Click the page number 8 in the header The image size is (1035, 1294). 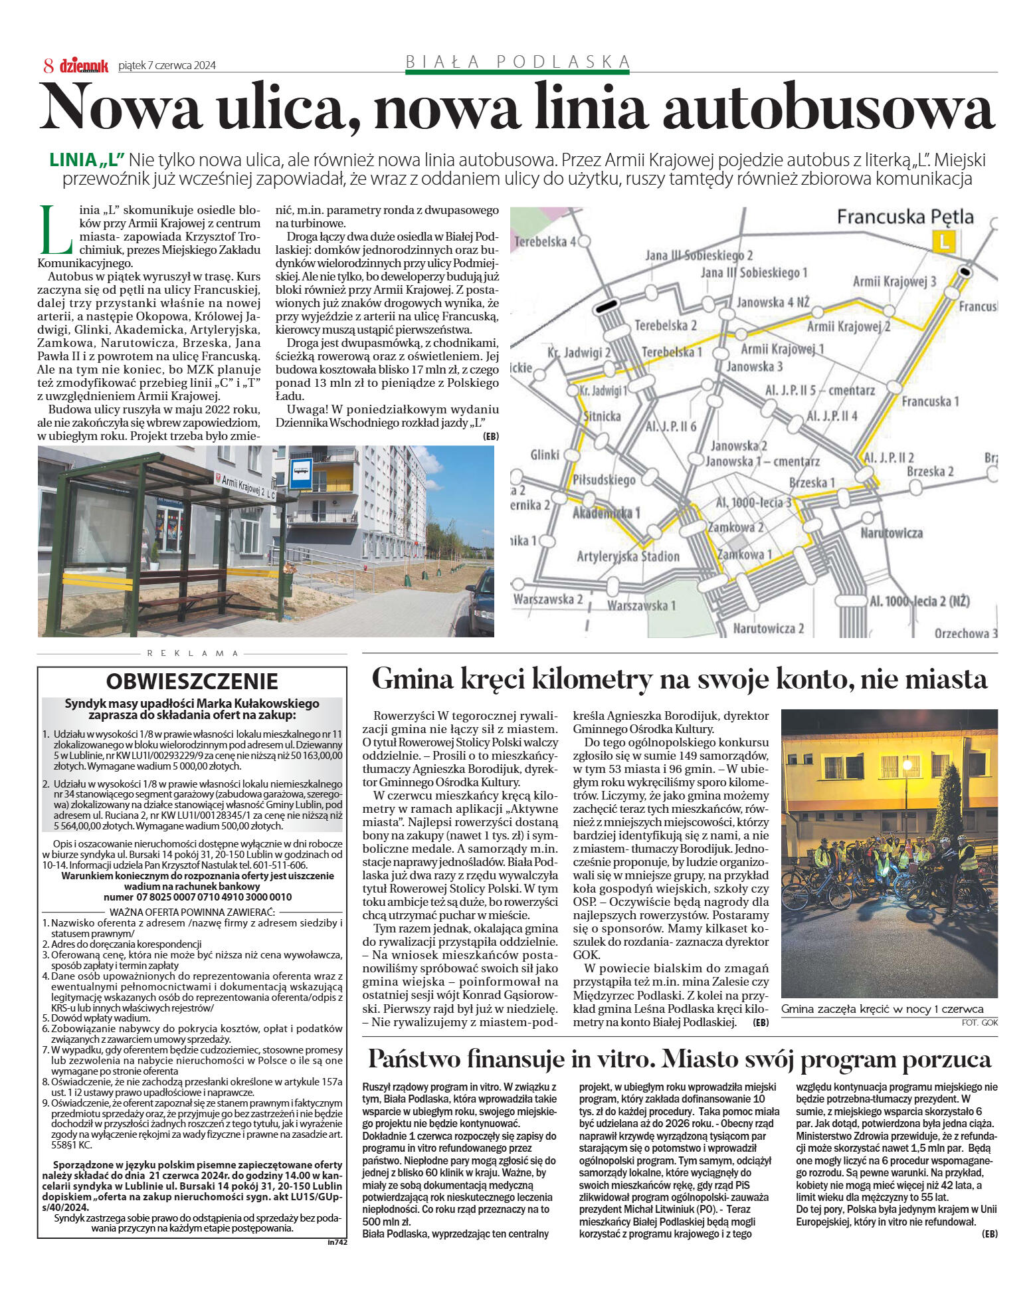pos(48,65)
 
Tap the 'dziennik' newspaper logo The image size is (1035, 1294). pos(84,66)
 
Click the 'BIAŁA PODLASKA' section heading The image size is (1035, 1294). pos(517,62)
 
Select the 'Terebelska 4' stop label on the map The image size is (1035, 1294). pos(545,242)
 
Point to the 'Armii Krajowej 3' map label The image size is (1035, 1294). pos(894,281)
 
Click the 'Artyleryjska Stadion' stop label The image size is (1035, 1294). pos(628,556)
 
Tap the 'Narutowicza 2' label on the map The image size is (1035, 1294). pos(769,628)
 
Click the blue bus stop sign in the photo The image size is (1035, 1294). pos(300,474)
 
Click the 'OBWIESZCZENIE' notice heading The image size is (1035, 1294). pos(192,682)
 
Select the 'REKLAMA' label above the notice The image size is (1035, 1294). pos(192,653)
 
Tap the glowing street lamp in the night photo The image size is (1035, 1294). pos(907,766)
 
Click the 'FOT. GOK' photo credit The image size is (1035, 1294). pos(979,1022)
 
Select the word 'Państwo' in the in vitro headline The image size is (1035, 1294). pos(412,1059)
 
